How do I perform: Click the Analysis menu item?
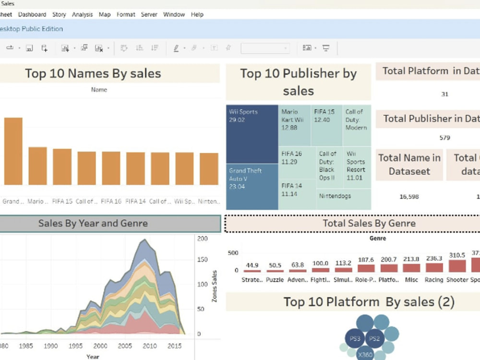coord(82,14)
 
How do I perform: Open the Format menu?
coord(126,14)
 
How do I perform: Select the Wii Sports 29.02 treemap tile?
coord(252,134)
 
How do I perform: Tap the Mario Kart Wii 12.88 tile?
coord(294,125)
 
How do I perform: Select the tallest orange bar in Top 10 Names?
coord(13,151)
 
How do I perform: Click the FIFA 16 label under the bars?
coord(111,201)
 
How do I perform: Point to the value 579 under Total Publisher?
coord(444,138)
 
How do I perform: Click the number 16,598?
coord(409,196)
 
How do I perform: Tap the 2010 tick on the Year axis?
coord(149,346)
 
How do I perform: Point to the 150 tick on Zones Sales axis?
coord(202,260)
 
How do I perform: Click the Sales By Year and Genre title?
coord(93,223)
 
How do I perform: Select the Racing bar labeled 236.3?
coord(434,268)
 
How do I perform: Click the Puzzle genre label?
coord(275,280)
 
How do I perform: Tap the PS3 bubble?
coord(355,339)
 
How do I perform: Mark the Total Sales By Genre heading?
coord(369,223)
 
